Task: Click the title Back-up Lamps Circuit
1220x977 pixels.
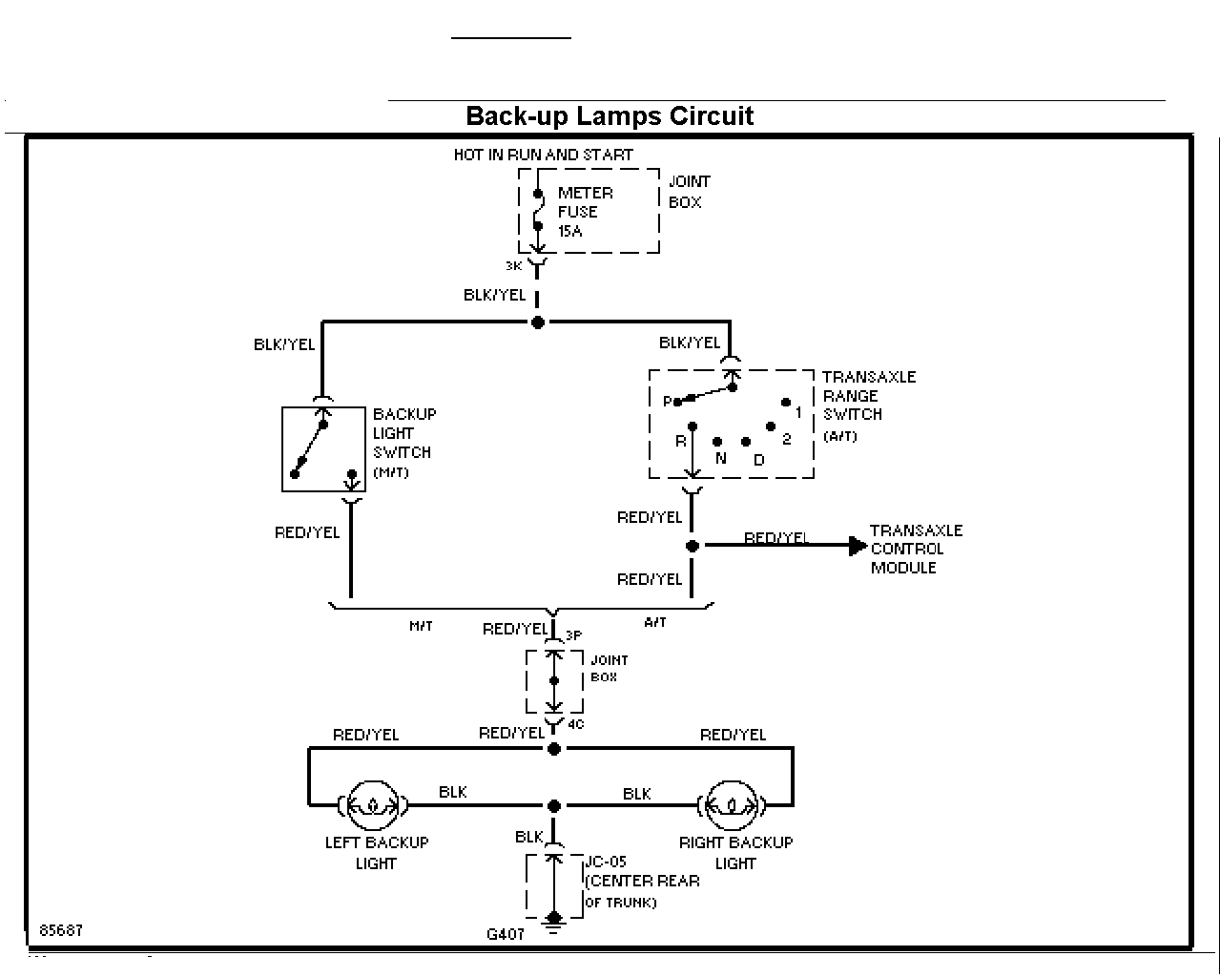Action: pos(610,116)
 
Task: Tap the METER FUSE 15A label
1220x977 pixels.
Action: pos(585,212)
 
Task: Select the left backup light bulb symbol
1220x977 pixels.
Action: pos(372,805)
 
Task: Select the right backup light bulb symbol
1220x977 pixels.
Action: pos(732,805)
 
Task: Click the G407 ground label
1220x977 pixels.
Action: pos(506,934)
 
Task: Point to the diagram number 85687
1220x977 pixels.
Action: pos(61,930)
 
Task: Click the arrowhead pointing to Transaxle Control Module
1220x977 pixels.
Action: pos(858,546)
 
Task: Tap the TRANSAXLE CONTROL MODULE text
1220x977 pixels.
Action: pos(916,549)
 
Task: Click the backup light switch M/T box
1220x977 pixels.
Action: pos(323,449)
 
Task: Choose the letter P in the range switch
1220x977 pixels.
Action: pos(668,402)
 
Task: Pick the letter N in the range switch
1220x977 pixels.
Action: pos(720,458)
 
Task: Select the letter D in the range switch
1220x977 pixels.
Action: pos(759,460)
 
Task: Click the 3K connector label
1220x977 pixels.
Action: pos(513,266)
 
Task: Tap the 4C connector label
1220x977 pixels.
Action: pos(576,724)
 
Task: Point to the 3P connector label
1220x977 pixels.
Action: pos(573,635)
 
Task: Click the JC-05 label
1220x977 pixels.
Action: pos(606,862)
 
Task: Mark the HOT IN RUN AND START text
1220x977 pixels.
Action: pos(543,155)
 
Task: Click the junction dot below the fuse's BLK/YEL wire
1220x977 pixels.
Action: pos(537,322)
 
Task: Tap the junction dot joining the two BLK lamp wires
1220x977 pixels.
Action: pos(554,806)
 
